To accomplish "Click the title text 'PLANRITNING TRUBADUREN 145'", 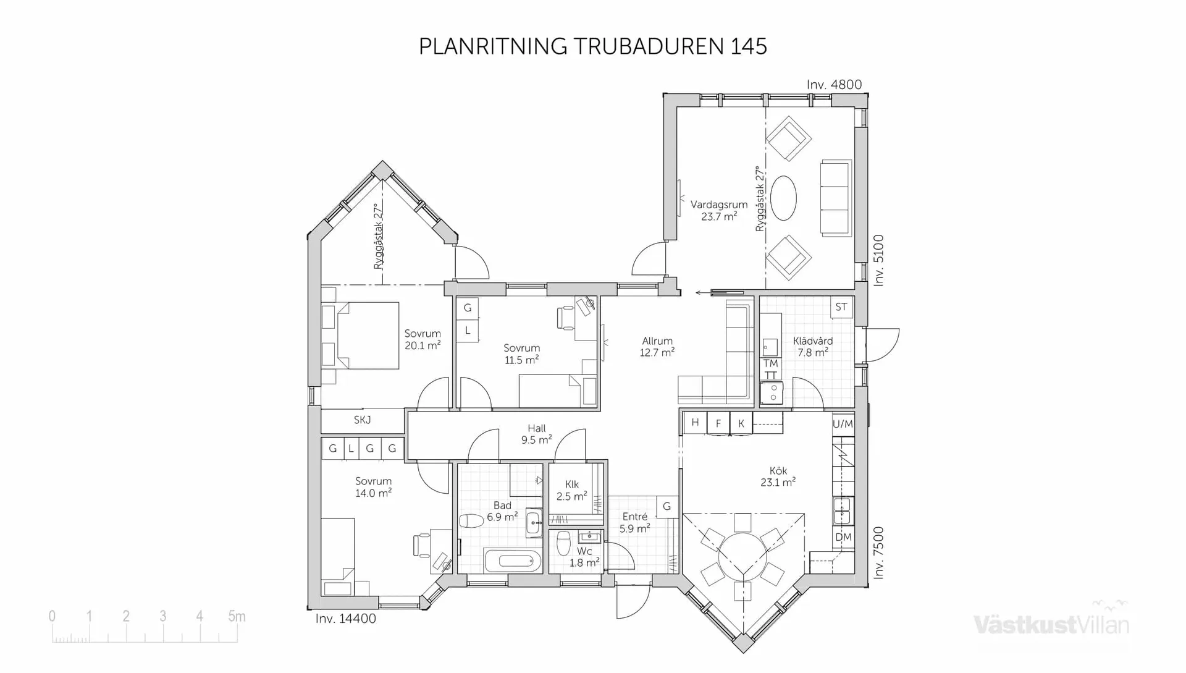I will point(592,46).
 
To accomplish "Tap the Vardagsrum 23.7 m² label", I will point(718,210).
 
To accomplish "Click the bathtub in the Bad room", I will point(513,561).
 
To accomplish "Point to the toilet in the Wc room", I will point(563,544).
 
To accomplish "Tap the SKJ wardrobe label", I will point(363,420).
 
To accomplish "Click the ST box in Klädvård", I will point(841,307).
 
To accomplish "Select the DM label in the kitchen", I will point(843,537).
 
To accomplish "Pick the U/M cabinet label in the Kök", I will point(843,424).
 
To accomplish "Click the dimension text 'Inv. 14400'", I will point(345,619).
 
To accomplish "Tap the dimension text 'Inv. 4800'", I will point(834,85).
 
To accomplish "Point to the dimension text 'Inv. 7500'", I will point(878,552).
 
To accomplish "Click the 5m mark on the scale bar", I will point(237,616).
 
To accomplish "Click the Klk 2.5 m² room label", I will point(571,491).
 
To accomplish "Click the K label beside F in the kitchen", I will point(741,423).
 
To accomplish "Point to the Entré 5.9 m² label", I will point(634,523).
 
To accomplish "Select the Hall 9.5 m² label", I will point(536,434).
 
